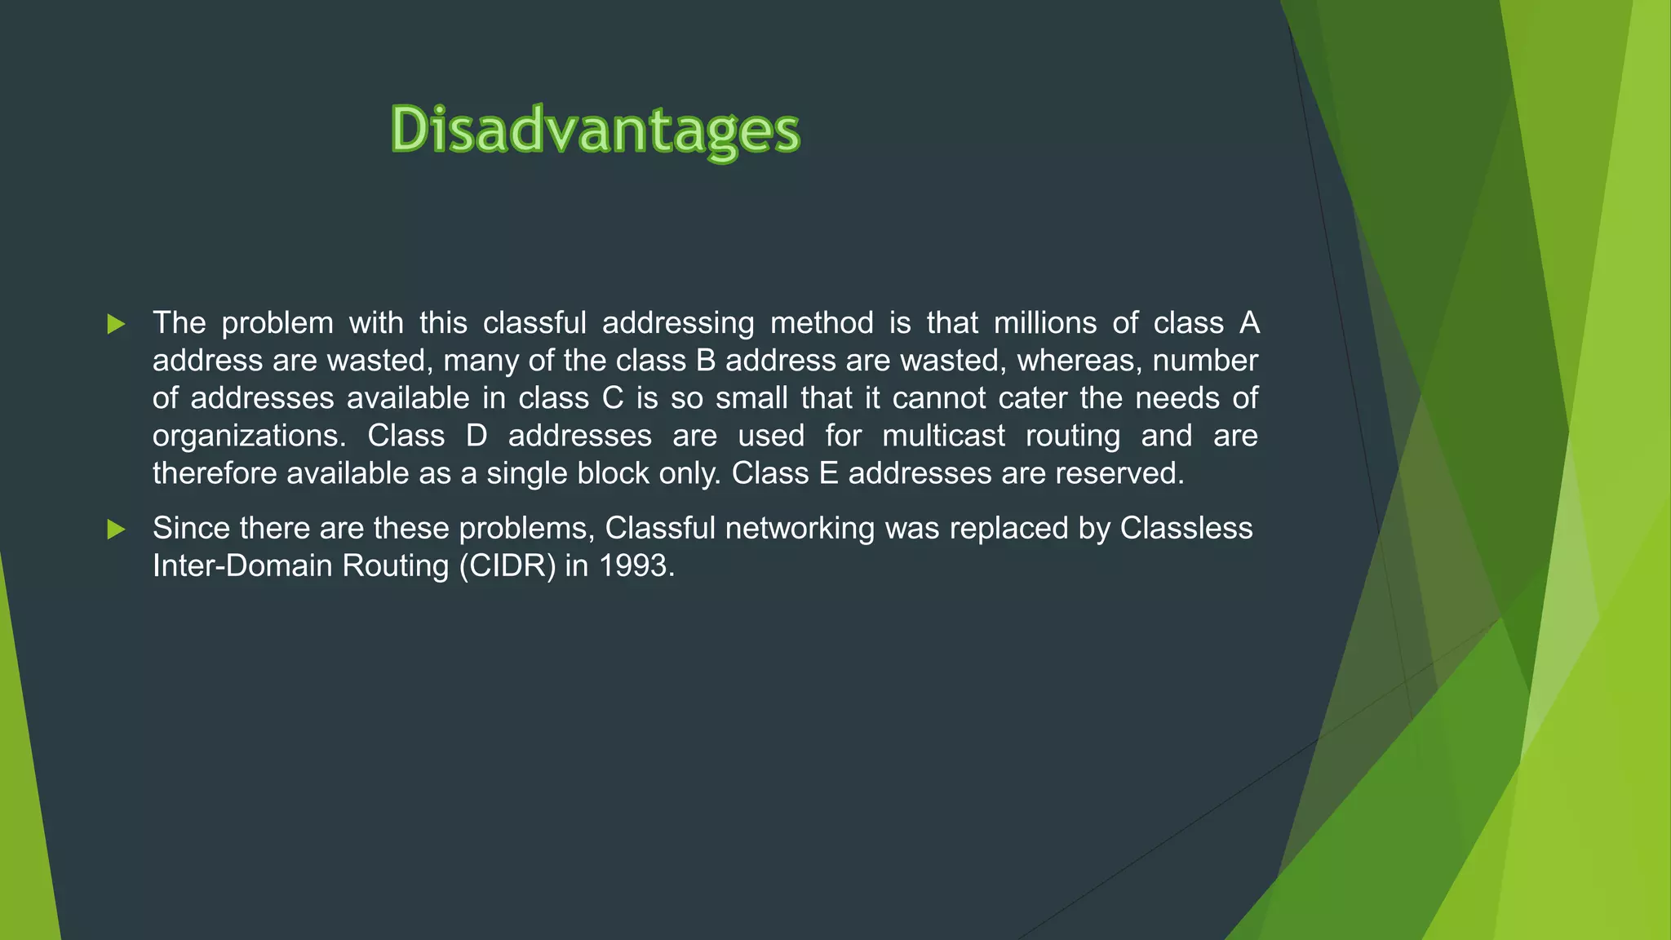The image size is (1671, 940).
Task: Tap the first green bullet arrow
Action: click(x=116, y=325)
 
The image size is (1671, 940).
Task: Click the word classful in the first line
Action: click(x=534, y=323)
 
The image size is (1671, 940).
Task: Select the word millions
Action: click(x=1044, y=323)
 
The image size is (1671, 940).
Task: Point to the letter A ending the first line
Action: click(x=1249, y=323)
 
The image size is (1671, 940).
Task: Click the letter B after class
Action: click(x=706, y=361)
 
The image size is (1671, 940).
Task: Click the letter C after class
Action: click(x=612, y=398)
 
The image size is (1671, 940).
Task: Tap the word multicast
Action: click(x=943, y=436)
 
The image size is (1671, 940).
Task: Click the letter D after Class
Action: click(x=476, y=436)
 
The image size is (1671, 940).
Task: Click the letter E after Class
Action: click(x=828, y=473)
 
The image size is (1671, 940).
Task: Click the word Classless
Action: click(x=1186, y=529)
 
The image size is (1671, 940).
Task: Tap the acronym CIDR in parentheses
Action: click(x=507, y=566)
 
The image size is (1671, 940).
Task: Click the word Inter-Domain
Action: click(x=242, y=566)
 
